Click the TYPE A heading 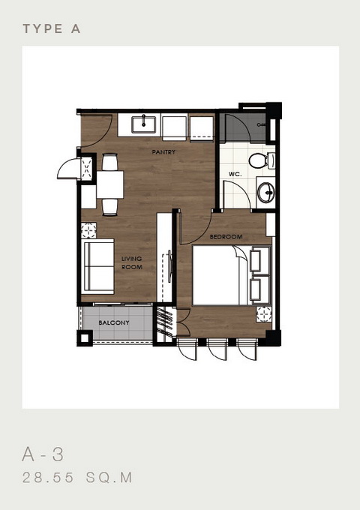[x=52, y=29]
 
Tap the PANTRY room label [x=163, y=152]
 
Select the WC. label [x=235, y=174]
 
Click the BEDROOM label [x=226, y=236]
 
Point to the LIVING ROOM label [x=132, y=262]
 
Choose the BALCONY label [x=114, y=322]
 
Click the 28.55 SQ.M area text [x=77, y=478]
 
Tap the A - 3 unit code [x=43, y=454]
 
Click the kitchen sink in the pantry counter [x=143, y=124]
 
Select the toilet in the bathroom [x=262, y=160]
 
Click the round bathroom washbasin [x=266, y=193]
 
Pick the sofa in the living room [x=97, y=266]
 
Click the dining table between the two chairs [x=110, y=184]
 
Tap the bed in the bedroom [x=231, y=275]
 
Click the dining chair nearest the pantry [x=110, y=162]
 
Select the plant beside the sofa [x=88, y=230]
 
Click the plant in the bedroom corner [x=264, y=314]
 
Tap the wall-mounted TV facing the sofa [x=169, y=266]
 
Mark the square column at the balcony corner [x=85, y=338]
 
